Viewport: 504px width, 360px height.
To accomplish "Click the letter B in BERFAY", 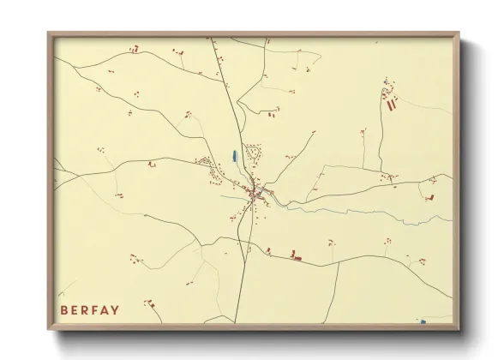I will (63, 309).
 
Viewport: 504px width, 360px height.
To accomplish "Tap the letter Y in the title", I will (115, 309).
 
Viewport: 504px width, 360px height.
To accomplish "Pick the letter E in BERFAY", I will (74, 309).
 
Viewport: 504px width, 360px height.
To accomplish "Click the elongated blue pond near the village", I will (235, 157).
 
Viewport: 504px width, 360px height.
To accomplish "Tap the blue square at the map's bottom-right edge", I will (423, 322).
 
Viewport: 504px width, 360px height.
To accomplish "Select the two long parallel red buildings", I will (393, 105).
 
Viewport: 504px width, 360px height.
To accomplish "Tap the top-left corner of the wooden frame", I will (49, 33).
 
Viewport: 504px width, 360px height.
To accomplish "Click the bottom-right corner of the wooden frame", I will (459, 329).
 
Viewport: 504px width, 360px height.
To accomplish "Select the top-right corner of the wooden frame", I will (459, 33).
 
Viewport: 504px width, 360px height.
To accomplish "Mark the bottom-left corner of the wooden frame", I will (49, 329).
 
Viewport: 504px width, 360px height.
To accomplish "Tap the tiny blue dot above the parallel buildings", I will (386, 82).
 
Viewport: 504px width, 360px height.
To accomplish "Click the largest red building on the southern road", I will (297, 255).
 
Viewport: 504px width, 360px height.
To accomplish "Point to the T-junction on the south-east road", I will (339, 261).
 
